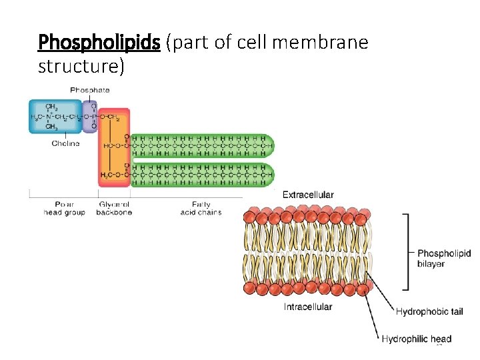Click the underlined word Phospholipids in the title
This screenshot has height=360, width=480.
tap(99, 43)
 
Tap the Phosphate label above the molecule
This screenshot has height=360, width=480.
tap(90, 90)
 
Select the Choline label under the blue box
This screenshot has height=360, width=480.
tap(65, 143)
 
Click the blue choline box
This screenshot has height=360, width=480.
tap(55, 117)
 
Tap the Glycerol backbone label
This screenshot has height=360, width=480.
tap(115, 208)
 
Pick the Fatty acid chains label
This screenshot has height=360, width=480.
tap(201, 208)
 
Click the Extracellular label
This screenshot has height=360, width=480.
tap(308, 195)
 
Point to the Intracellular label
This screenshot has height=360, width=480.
tap(308, 307)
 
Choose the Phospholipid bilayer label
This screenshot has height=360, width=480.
tap(443, 258)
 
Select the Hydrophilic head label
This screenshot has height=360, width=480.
tap(416, 339)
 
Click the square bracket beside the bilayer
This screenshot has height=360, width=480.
tap(406, 252)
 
